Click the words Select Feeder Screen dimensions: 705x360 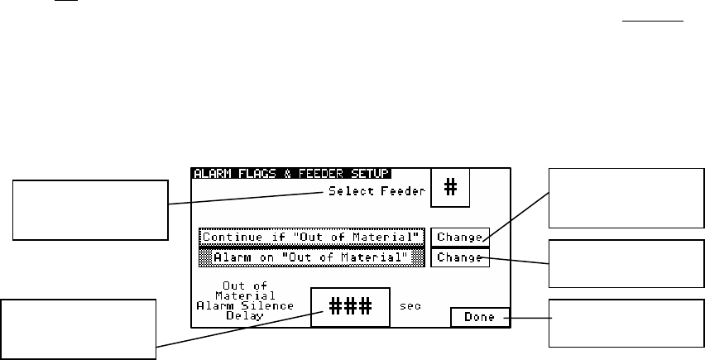point(376,191)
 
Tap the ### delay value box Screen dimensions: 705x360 point(348,305)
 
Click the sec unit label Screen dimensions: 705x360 point(410,305)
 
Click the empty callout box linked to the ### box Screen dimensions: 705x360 point(79,329)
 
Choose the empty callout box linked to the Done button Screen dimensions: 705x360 point(626,324)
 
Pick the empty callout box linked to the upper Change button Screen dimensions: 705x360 point(626,196)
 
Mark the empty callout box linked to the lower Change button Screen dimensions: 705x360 point(626,264)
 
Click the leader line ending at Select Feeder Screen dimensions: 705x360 point(248,198)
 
